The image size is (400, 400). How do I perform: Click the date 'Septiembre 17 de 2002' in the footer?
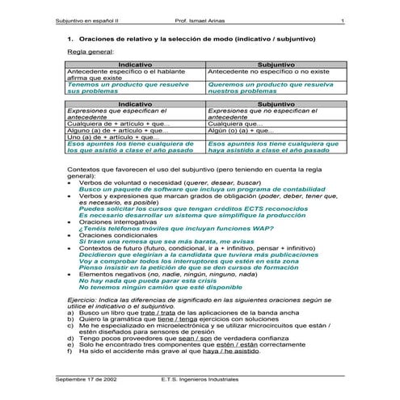pos(84,377)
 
